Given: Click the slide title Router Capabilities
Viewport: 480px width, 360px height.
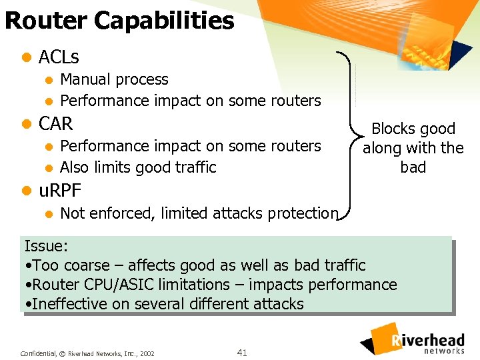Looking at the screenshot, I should pos(119,21).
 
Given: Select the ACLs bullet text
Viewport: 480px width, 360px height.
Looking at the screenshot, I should pos(59,57).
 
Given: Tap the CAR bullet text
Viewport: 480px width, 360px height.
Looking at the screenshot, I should pos(56,124).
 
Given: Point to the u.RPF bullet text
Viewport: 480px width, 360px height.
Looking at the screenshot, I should pos(60,191).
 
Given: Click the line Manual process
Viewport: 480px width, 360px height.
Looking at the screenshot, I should pos(114,79).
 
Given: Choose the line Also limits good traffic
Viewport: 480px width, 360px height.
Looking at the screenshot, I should pos(138,167).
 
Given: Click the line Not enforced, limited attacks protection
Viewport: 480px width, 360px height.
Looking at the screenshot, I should pos(199,213).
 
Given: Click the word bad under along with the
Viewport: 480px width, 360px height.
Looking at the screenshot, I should pos(413,167).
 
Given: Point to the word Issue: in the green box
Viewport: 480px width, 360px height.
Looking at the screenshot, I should pos(46,245).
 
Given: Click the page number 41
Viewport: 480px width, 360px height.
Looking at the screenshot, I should pos(242,352).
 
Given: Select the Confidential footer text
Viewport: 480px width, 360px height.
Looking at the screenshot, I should pos(39,353).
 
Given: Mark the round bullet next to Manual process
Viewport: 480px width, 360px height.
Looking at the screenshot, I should pos(48,80).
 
